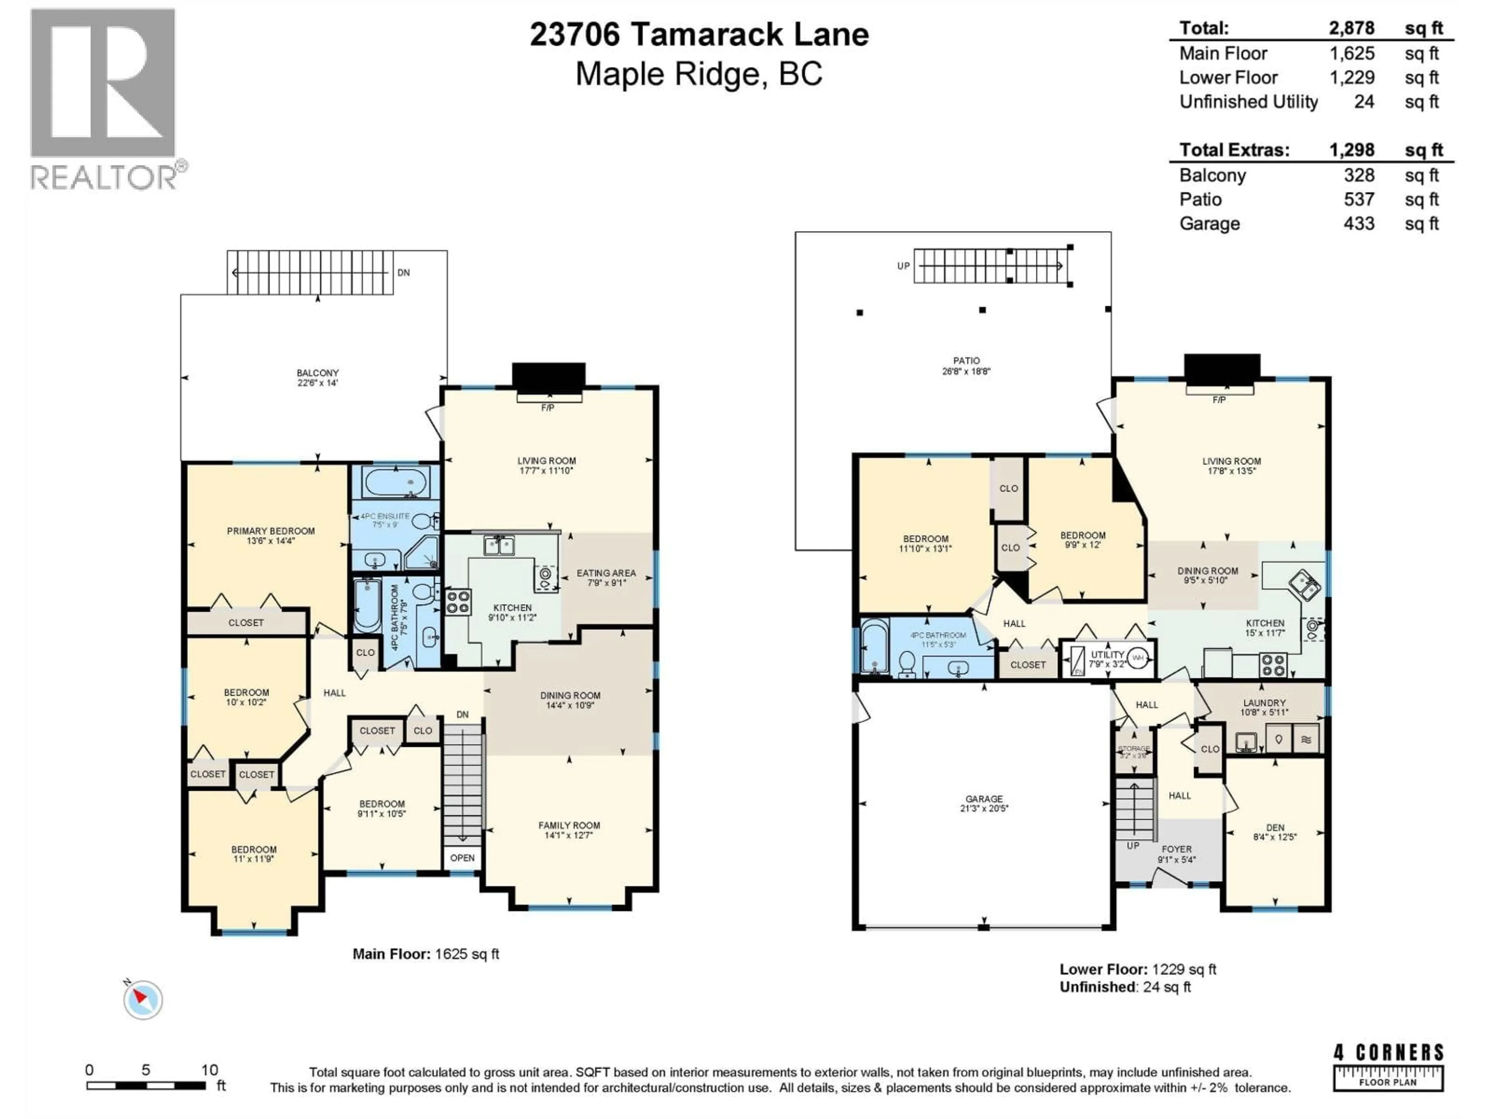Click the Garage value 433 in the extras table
(1358, 224)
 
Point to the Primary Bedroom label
(270, 535)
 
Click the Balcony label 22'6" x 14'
(318, 378)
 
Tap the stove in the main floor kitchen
(458, 601)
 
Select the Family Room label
(568, 830)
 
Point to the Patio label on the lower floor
(966, 366)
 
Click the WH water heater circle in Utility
(1138, 658)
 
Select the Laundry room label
(1264, 707)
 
